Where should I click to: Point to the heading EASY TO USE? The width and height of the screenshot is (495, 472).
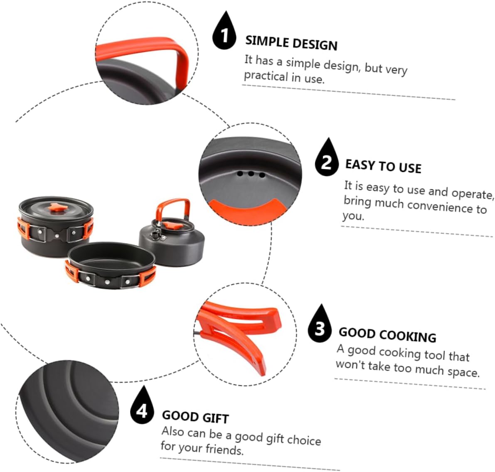[x=383, y=166]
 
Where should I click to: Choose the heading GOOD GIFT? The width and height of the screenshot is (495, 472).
[x=195, y=416]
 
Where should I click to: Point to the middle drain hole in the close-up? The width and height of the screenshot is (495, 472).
[x=251, y=174]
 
